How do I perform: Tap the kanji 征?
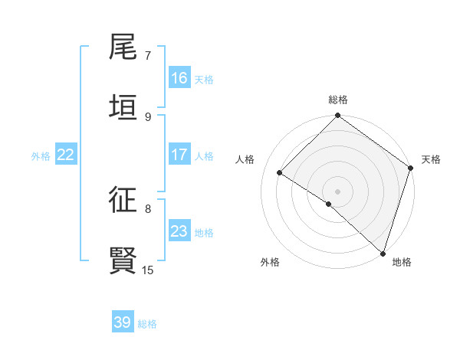click(123, 200)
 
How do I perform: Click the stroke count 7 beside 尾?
click(148, 55)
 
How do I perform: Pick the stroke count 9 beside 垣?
click(148, 116)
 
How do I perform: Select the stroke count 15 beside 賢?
click(148, 270)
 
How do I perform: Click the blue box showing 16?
click(179, 78)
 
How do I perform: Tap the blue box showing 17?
click(179, 155)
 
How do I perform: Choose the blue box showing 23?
click(179, 231)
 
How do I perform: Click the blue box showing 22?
click(66, 155)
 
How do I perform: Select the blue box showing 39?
click(123, 322)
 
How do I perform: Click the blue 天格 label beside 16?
click(204, 79)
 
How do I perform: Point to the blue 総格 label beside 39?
click(147, 324)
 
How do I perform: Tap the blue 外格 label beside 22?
click(41, 155)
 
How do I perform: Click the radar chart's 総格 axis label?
click(338, 100)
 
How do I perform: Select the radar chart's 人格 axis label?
click(245, 159)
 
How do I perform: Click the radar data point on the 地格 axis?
click(383, 254)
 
